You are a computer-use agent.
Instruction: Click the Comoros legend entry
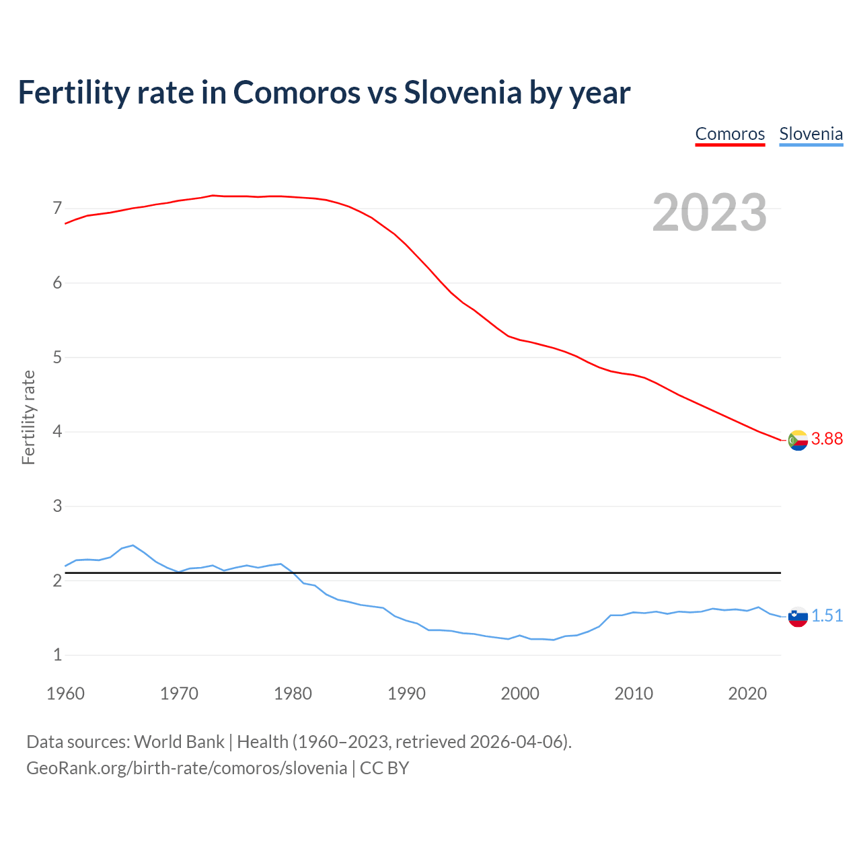tap(730, 134)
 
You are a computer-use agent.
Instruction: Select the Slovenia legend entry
tap(811, 134)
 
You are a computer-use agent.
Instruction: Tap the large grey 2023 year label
tap(709, 213)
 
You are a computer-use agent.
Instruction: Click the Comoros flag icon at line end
tap(798, 441)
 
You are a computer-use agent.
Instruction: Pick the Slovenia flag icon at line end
tap(798, 616)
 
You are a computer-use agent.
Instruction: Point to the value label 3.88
tap(827, 439)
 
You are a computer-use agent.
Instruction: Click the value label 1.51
tap(827, 615)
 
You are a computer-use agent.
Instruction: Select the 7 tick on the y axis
tap(57, 209)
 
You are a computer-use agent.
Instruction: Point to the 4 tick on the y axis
tap(57, 431)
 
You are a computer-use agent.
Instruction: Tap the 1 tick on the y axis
tap(57, 654)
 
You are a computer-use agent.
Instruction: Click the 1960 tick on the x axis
tap(65, 694)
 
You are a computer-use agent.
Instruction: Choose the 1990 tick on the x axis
tap(406, 694)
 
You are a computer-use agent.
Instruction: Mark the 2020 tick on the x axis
tap(747, 694)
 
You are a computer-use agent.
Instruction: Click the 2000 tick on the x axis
tap(520, 694)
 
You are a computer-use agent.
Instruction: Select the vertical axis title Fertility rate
tap(28, 417)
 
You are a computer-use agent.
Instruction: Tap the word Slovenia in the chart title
tap(462, 93)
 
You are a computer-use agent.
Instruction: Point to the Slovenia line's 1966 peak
tap(133, 546)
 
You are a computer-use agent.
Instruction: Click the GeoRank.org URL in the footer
tap(186, 768)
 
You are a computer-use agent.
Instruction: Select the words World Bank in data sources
tap(179, 742)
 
